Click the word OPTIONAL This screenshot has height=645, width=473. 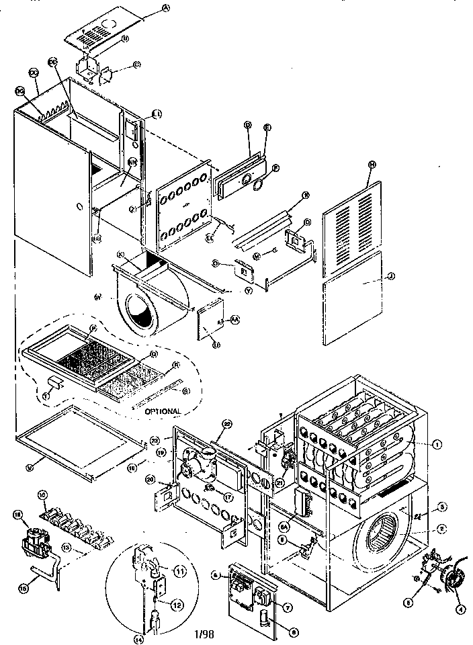coord(161,411)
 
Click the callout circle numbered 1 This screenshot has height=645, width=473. coord(437,444)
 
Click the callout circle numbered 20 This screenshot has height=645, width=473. coord(149,478)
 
